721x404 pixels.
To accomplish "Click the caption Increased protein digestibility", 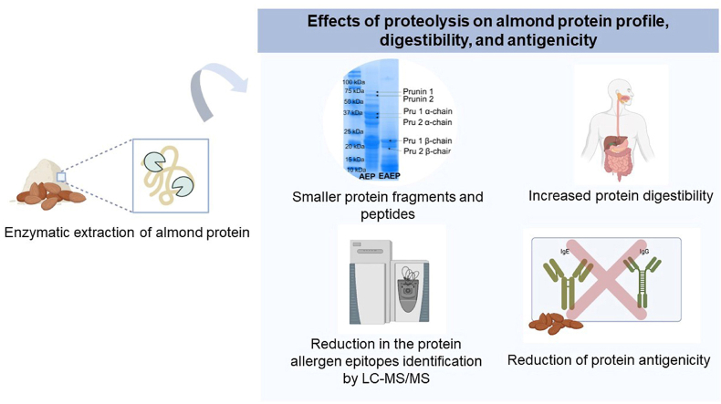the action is click(620, 195).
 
